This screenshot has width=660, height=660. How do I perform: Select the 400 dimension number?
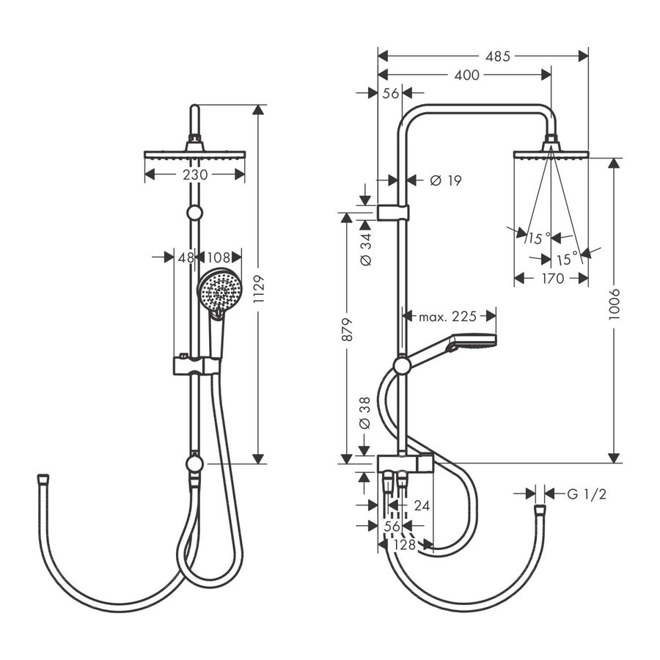[466, 75]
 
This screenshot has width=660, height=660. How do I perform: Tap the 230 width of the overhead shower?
[195, 175]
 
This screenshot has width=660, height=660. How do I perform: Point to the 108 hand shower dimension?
[219, 257]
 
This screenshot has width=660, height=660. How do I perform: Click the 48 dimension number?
[186, 257]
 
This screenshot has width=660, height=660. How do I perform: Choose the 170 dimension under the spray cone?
[551, 278]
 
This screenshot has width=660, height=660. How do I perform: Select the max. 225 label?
[447, 317]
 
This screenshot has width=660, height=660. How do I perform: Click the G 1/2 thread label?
[586, 494]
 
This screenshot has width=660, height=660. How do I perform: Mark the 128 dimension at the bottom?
[404, 545]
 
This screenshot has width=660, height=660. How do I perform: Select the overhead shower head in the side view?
[551, 153]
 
